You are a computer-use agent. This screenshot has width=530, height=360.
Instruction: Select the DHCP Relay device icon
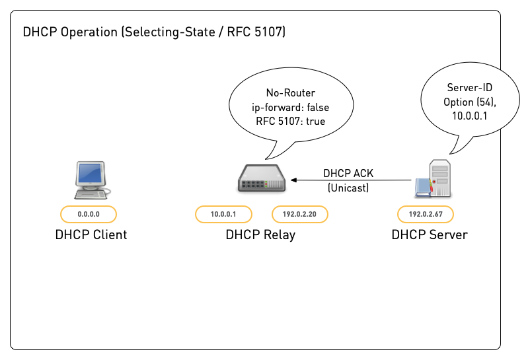point(261,178)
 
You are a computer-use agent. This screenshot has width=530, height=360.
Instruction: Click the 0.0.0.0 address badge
point(89,214)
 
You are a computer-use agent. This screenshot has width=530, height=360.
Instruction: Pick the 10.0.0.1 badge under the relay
point(223,214)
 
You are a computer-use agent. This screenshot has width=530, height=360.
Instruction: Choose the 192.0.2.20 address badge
point(300,214)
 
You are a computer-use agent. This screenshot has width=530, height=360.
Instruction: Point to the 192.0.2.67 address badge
point(425,214)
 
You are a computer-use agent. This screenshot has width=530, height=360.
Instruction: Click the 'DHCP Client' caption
point(91,234)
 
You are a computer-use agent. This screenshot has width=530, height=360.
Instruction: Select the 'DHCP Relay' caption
point(260,234)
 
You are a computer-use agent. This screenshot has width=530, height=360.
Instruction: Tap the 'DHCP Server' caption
point(429,234)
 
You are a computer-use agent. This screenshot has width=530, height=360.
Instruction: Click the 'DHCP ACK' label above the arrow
point(348,174)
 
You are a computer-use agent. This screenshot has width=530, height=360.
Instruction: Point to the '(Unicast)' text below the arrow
point(348,188)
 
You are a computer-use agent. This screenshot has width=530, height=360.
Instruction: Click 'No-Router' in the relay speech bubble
point(291,93)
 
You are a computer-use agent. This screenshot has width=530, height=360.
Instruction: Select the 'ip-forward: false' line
point(291,107)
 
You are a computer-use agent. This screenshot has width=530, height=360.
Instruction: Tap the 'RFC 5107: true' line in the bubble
point(291,121)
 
